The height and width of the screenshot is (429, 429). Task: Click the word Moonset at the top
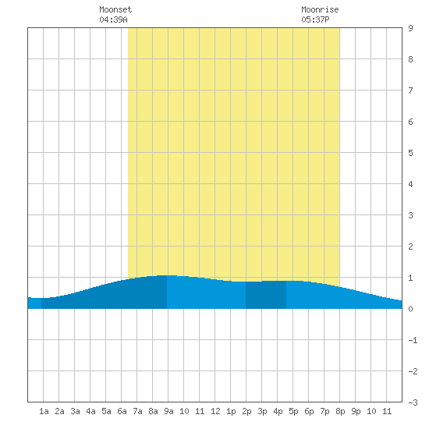point(115,9)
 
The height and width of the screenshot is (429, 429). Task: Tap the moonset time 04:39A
point(113,19)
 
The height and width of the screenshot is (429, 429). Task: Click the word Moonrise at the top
point(320,9)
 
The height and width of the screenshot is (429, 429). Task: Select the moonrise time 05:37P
point(315,19)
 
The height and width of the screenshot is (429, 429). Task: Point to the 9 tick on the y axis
point(410,28)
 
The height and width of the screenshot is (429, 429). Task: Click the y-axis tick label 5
point(410,153)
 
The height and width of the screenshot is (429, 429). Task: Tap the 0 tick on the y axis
point(410,309)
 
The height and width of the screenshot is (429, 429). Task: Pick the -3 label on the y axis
point(413,402)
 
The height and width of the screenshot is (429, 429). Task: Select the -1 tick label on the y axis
point(413,340)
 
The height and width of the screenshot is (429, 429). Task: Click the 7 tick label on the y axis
point(410,90)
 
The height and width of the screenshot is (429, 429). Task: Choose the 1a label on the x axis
point(44,411)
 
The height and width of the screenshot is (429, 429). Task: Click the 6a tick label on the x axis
point(122,411)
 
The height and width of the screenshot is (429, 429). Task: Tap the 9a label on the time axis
point(168,411)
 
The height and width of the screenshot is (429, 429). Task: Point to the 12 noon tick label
point(215,411)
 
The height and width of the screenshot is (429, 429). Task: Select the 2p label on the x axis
point(246,411)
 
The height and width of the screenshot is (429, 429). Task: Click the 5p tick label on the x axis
point(293,411)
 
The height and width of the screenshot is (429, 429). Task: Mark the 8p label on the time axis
point(340,411)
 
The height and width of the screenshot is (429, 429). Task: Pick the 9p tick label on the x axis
point(356,411)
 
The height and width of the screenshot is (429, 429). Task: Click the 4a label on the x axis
point(90,411)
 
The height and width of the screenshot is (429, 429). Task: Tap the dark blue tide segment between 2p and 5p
point(266,295)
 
